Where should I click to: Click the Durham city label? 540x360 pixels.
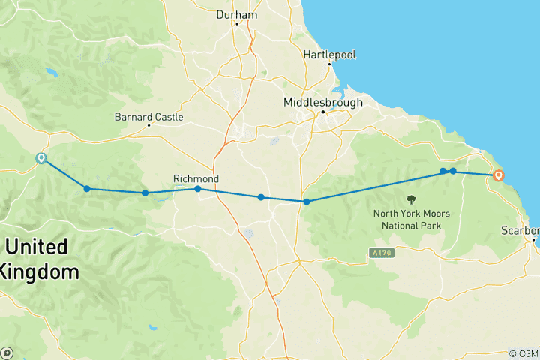coord(236,14)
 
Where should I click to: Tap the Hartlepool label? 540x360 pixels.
coord(329,55)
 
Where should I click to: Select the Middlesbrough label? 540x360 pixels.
coord(323,102)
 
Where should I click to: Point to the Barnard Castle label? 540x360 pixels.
coord(148,117)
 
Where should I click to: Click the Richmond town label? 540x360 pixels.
coord(196,179)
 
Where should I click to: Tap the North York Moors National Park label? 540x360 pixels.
coord(412,219)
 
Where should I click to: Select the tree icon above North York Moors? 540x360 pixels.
coord(412,199)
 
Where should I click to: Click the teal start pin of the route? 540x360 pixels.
coord(41,158)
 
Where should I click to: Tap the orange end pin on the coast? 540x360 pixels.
coord(498,175)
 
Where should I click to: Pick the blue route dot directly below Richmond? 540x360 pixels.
coord(198,189)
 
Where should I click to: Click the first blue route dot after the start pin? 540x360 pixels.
coord(87,189)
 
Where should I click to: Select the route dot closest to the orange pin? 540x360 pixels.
coord(453,172)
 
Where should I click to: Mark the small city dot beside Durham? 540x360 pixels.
coord(236,24)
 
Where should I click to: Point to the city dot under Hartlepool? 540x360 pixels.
coord(329,64)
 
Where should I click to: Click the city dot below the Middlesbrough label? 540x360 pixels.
coord(323,112)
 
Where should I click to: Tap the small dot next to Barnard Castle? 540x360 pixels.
coord(148,125)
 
